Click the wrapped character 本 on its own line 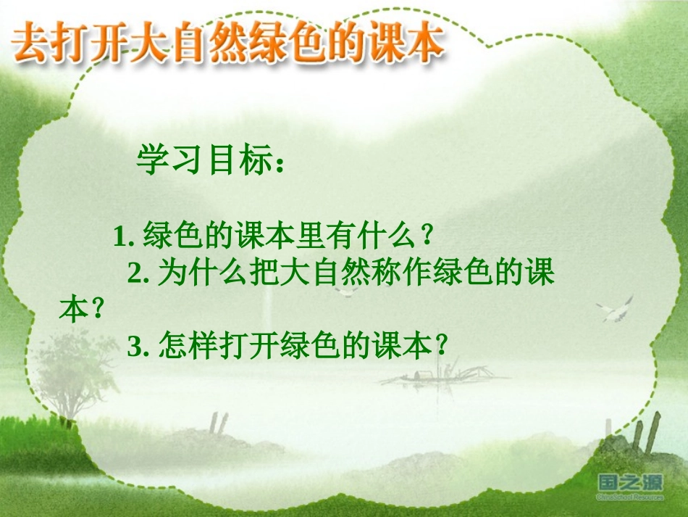[72, 310]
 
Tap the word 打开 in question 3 [243, 347]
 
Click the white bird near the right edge [616, 310]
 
